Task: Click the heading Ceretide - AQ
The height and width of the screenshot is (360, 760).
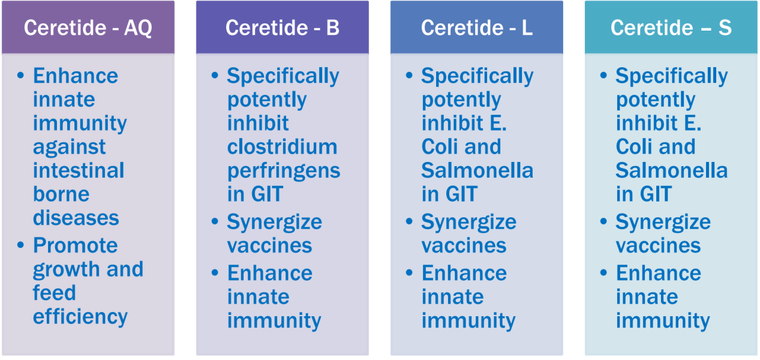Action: [88, 28]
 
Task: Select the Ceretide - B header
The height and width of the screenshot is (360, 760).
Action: [283, 28]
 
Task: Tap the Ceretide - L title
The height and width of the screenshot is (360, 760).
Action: [477, 28]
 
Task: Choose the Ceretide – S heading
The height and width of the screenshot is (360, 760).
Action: [671, 28]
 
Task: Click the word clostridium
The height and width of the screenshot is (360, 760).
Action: [283, 146]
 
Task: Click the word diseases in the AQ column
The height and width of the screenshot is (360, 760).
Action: [76, 218]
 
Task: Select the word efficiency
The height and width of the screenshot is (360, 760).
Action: [80, 317]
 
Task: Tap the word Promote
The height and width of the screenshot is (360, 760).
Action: [76, 245]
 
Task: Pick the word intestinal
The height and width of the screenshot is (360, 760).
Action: [79, 170]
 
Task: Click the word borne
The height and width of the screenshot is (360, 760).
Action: [61, 194]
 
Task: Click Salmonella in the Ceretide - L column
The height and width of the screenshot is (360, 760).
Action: [477, 170]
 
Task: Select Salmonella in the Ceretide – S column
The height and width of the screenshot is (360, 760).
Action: [672, 170]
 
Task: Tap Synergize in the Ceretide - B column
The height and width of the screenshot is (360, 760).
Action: [275, 223]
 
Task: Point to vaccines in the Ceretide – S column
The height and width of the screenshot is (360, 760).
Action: [658, 246]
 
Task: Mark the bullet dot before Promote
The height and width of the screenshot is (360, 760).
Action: [21, 245]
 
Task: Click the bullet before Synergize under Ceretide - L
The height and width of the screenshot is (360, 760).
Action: [409, 221]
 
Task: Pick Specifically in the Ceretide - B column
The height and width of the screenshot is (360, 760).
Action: [283, 77]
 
